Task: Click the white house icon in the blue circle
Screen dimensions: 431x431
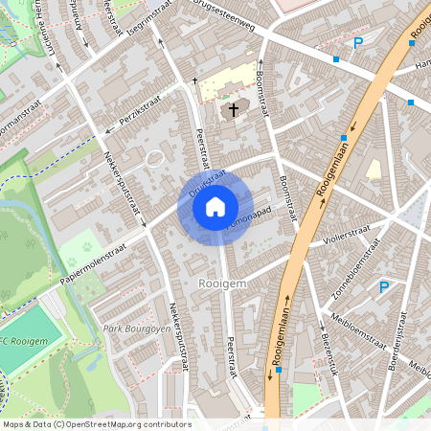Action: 215,206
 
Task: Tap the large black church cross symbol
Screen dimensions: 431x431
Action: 233,109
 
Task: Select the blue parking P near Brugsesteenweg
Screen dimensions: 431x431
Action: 358,42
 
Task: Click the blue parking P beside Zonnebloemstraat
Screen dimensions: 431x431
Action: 384,286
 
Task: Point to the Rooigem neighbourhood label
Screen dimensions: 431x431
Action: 222,284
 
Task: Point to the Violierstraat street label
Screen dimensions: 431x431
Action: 346,230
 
